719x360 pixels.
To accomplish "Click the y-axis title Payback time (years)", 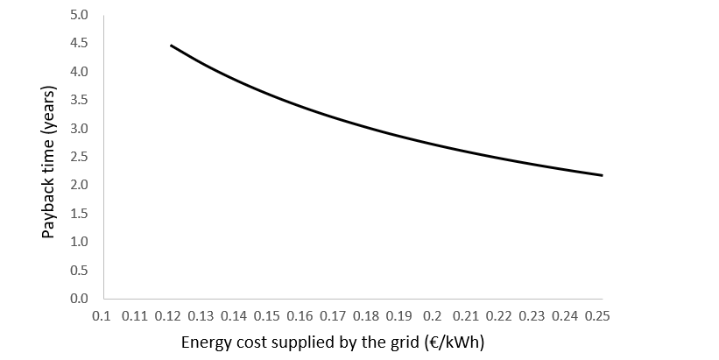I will pos(50,162).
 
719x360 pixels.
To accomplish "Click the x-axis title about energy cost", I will pos(332,342).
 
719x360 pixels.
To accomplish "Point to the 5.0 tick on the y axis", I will pos(81,15).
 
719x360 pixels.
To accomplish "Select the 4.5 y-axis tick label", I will pos(81,43).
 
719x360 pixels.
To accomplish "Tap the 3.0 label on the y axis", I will pos(81,129).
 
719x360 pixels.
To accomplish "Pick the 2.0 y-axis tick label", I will pos(81,185).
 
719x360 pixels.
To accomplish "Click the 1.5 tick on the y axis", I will pos(81,214).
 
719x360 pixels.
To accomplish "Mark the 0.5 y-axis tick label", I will pos(81,270).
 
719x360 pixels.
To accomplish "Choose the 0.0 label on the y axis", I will pos(81,299).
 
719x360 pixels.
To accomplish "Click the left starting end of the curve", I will pos(171,45).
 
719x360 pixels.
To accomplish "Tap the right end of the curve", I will pos(602,175).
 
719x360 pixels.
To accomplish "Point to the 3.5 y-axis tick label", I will pos(81,100).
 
